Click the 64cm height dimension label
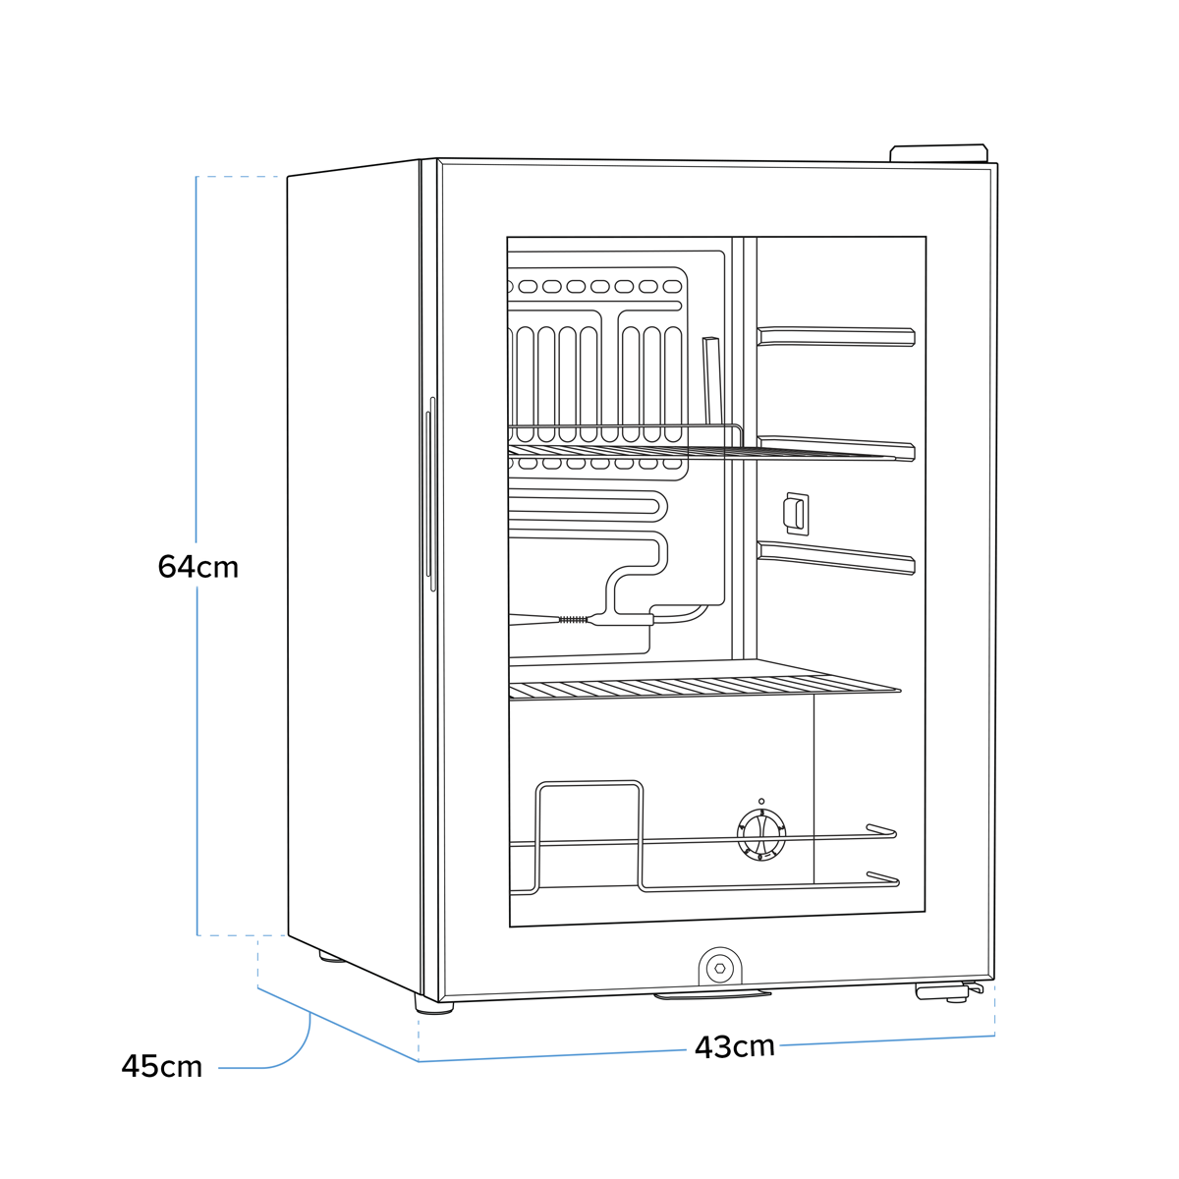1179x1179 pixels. [198, 567]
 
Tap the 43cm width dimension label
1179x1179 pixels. [734, 1047]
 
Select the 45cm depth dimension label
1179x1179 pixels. [162, 1066]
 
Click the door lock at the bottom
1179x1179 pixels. [720, 968]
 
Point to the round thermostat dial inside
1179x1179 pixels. [761, 834]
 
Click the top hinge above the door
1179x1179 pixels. [938, 153]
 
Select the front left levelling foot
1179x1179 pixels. [433, 1005]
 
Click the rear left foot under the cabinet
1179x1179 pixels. [332, 956]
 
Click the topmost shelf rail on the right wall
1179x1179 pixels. [836, 337]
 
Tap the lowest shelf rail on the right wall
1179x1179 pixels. [836, 557]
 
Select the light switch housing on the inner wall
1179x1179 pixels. [797, 513]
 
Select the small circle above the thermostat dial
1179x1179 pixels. [761, 802]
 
